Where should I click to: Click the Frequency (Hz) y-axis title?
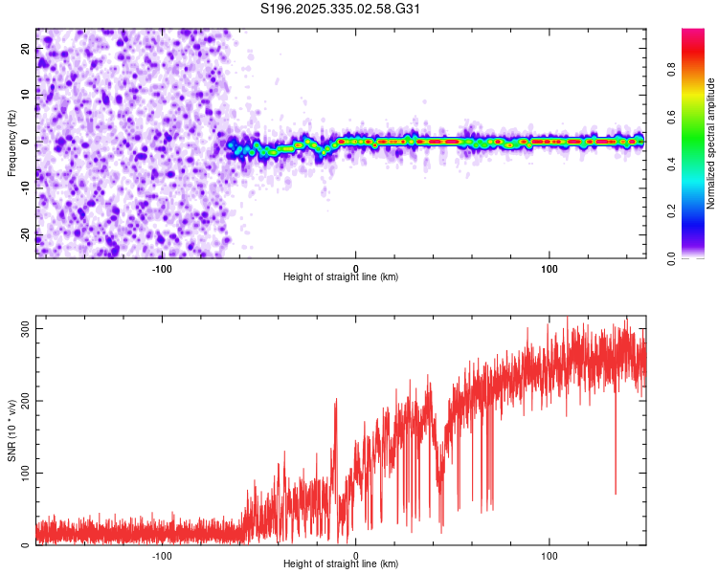click(x=11, y=143)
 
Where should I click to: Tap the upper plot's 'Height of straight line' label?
click(x=341, y=276)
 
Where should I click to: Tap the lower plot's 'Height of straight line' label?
click(x=341, y=563)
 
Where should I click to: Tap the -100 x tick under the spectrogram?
click(x=162, y=268)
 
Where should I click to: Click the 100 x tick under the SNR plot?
click(x=550, y=555)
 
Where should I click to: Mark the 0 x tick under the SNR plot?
click(x=356, y=555)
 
